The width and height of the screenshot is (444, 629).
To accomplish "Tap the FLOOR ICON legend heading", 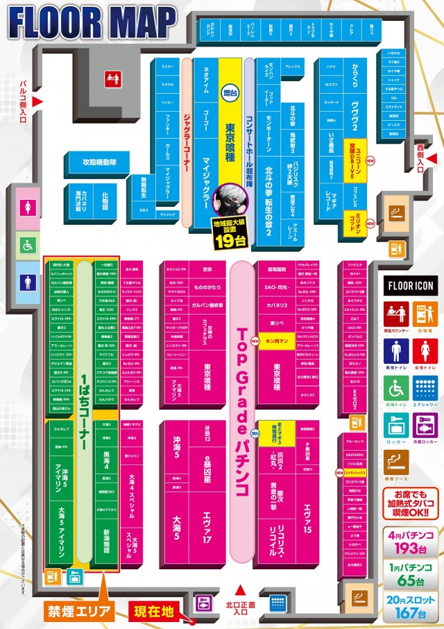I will (x=410, y=286).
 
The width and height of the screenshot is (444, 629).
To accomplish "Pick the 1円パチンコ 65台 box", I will (x=411, y=576).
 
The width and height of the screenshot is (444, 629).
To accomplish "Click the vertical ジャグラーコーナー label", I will (x=186, y=142).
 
